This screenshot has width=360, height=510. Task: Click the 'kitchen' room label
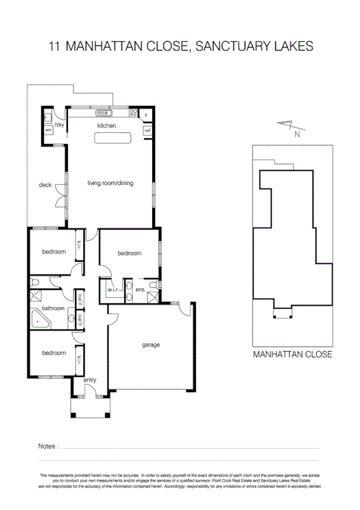pyautogui.click(x=106, y=126)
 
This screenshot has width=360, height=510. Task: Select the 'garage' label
pyautogui.click(x=151, y=345)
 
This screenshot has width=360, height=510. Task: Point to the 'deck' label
pyautogui.click(x=44, y=185)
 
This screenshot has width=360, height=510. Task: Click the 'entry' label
pyautogui.click(x=90, y=379)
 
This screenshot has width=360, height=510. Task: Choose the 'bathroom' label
pyautogui.click(x=53, y=308)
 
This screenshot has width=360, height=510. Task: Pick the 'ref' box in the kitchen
pyautogui.click(x=147, y=130)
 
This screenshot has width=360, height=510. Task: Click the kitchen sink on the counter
pyautogui.click(x=104, y=113)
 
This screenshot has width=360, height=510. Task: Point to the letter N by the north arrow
pyautogui.click(x=296, y=135)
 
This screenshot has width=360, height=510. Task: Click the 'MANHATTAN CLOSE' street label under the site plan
pyautogui.click(x=292, y=354)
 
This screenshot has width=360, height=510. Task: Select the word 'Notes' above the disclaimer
pyautogui.click(x=47, y=446)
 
